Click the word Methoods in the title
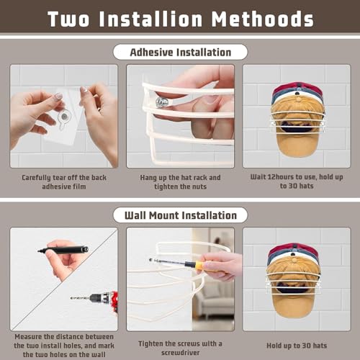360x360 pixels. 263,19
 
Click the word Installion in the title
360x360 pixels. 150,19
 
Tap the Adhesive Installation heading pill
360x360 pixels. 180,52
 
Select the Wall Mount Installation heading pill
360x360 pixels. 180,215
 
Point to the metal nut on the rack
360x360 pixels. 161,102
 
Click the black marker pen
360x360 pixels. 63,250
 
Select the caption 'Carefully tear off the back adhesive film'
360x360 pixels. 64,182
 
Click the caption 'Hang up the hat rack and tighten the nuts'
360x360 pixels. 180,182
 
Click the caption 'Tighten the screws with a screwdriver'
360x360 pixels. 180,348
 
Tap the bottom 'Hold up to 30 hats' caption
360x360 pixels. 297,346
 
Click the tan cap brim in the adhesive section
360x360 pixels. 297,144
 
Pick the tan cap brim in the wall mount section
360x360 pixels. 293,305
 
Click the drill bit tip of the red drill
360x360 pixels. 71,298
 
